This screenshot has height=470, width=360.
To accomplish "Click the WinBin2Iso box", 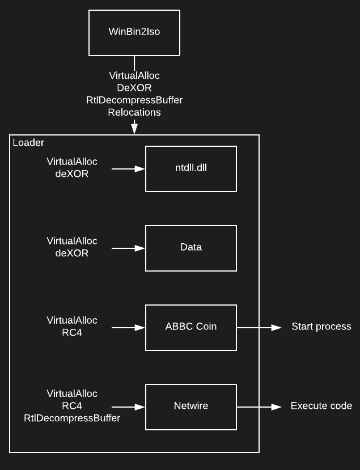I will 134,32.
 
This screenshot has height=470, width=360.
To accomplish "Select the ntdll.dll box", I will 191,168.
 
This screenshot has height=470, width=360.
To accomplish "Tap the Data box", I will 191,248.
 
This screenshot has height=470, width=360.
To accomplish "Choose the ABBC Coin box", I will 191,327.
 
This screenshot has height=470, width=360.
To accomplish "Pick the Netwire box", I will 191,407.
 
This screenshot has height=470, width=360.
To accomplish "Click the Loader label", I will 28,143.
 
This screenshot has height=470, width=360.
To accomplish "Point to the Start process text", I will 321,327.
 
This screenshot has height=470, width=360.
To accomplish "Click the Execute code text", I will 321,406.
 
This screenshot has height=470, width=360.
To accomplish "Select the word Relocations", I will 134,112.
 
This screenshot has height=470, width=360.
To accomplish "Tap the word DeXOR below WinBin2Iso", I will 134,88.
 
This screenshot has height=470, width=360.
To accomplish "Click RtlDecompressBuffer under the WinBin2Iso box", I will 134,100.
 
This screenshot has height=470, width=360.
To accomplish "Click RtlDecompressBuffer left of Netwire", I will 72,418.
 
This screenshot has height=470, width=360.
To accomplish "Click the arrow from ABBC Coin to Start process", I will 259,327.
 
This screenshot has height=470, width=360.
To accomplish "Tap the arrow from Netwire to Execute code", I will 259,407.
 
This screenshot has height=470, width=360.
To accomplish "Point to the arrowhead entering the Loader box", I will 134,129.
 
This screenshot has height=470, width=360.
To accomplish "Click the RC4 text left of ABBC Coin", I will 72,333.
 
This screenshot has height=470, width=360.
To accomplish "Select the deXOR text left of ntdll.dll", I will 72,174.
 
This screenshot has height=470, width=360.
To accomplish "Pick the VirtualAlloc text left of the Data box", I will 72,241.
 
